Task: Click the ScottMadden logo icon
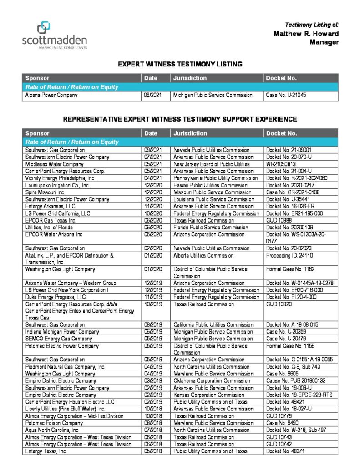click(x=44, y=28)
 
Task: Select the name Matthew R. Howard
click(x=306, y=34)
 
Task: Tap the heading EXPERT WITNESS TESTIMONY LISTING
click(x=180, y=64)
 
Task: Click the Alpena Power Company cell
click(x=51, y=96)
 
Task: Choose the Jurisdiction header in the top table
click(x=190, y=78)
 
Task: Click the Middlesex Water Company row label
click(x=55, y=164)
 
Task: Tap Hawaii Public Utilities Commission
click(x=210, y=185)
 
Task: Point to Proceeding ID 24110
click(x=289, y=255)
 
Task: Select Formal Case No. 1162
click(x=290, y=269)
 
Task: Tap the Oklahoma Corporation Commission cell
click(x=212, y=380)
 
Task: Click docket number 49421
click(x=283, y=402)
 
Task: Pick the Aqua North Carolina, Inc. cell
click(x=52, y=430)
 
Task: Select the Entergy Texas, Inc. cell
click(x=46, y=451)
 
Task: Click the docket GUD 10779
click(x=279, y=416)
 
